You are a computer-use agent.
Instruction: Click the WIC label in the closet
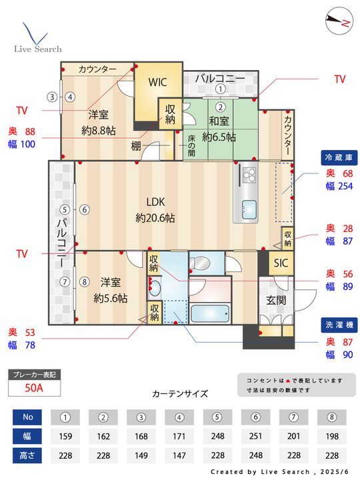click(157, 82)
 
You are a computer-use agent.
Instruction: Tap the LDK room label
click(155, 202)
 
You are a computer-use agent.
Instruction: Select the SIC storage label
click(281, 263)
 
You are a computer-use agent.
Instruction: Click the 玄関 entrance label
click(276, 300)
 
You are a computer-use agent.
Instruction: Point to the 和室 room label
click(219, 121)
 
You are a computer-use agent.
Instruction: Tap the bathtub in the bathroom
click(210, 314)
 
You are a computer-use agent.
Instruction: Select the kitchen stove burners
click(249, 175)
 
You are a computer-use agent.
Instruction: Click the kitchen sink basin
click(249, 210)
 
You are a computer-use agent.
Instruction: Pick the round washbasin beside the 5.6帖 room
click(155, 288)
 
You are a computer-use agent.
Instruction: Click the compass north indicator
click(339, 21)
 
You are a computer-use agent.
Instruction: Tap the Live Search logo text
click(38, 49)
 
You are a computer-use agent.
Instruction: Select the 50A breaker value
click(34, 388)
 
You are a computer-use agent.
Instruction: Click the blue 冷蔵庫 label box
click(339, 157)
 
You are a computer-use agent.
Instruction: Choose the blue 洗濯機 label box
click(339, 325)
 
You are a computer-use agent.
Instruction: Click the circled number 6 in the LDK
click(85, 210)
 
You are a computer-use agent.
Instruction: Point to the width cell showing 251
click(255, 436)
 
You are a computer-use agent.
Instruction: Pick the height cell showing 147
click(179, 455)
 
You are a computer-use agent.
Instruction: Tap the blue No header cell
click(27, 417)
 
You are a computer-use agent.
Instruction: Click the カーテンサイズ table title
click(180, 394)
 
